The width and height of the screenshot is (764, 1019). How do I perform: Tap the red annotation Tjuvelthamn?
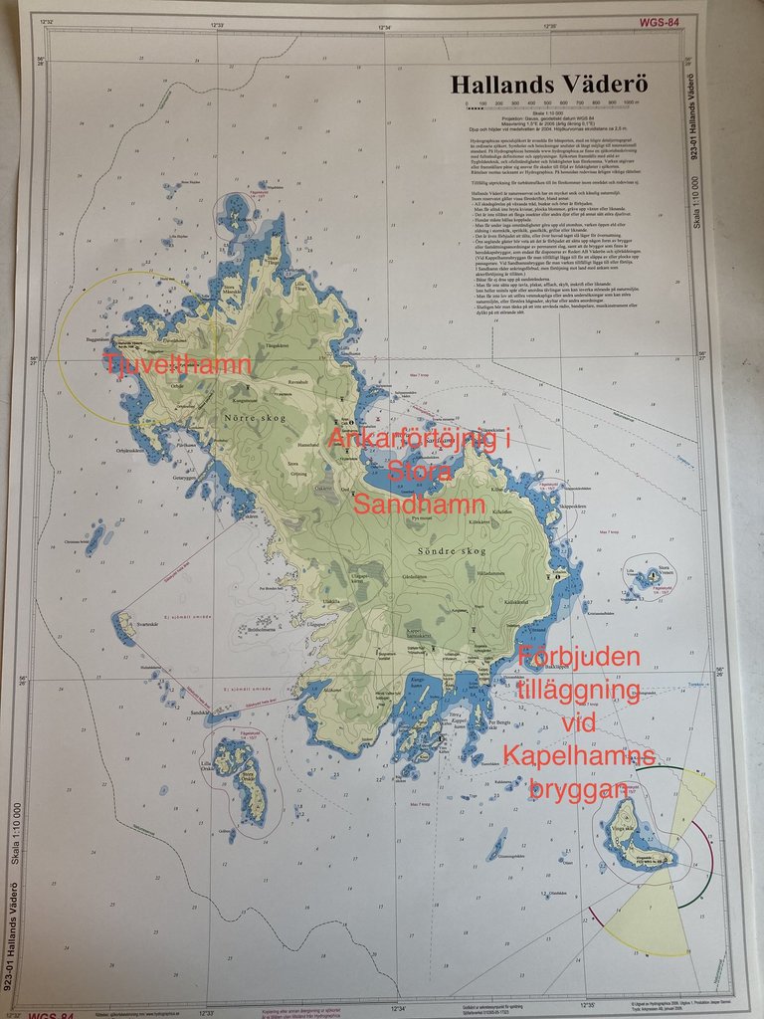[x=178, y=364]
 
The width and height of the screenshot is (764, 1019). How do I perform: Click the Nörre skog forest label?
[x=254, y=418]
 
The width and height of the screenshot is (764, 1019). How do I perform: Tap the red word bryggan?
[x=579, y=790]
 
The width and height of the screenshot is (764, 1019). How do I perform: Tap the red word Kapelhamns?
[x=579, y=757]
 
